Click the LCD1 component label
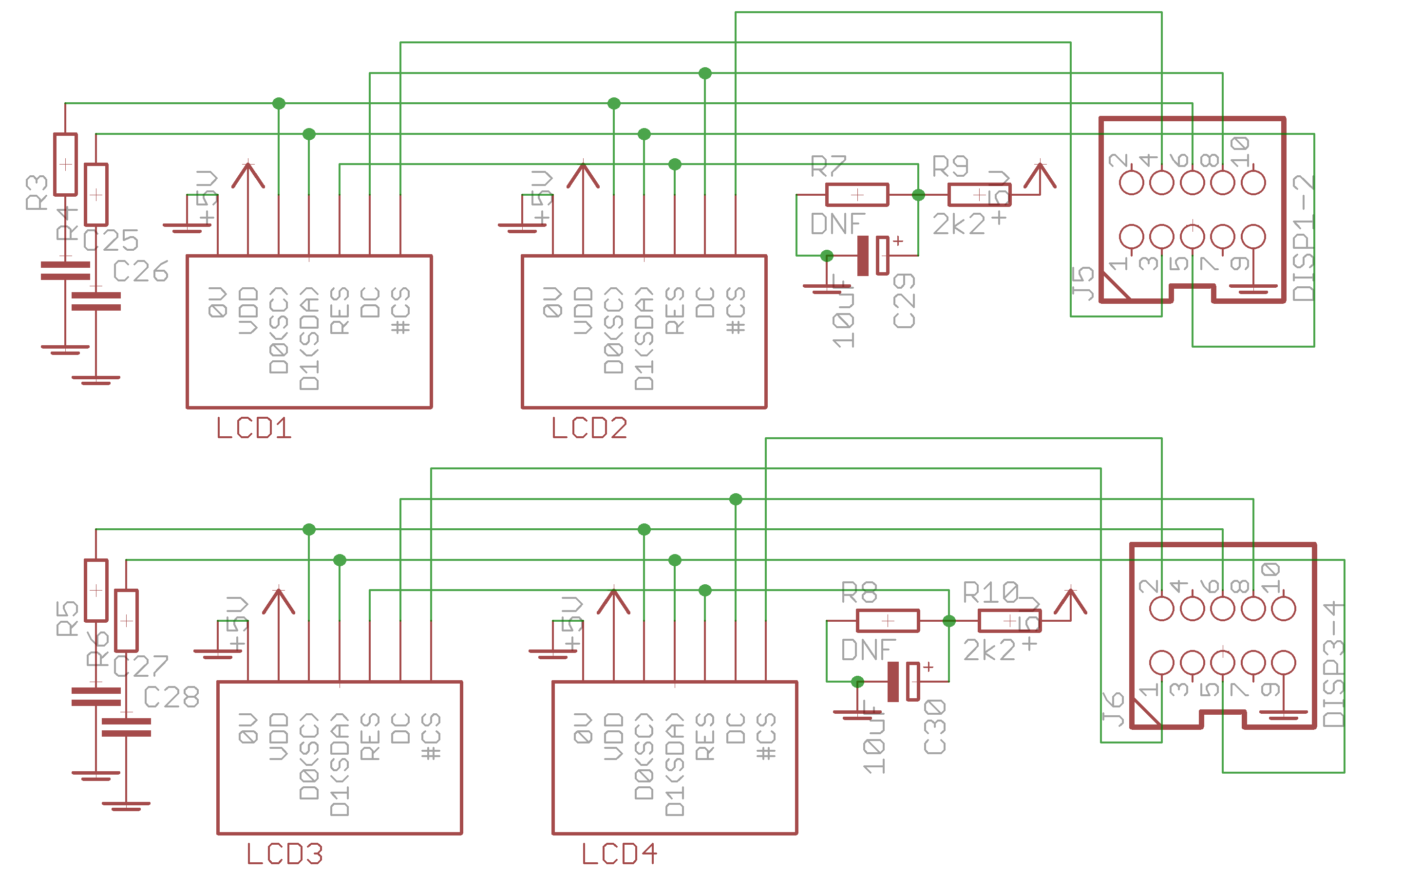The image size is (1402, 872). coord(254,428)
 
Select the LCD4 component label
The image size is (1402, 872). coord(619,854)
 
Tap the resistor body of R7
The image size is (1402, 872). coord(857,195)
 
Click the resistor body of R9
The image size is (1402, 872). coord(979,195)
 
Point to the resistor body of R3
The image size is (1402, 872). coord(65,165)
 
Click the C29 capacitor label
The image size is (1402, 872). coord(904,301)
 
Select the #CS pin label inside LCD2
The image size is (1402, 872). coord(736,312)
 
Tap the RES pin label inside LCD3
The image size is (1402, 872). coord(370,737)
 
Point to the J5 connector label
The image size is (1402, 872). coord(1083,284)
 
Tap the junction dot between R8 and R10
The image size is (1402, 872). coord(949,621)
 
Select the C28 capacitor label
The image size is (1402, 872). coord(171,698)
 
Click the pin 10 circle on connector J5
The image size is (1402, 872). coord(1253,183)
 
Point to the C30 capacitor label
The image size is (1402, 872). coord(935,726)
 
